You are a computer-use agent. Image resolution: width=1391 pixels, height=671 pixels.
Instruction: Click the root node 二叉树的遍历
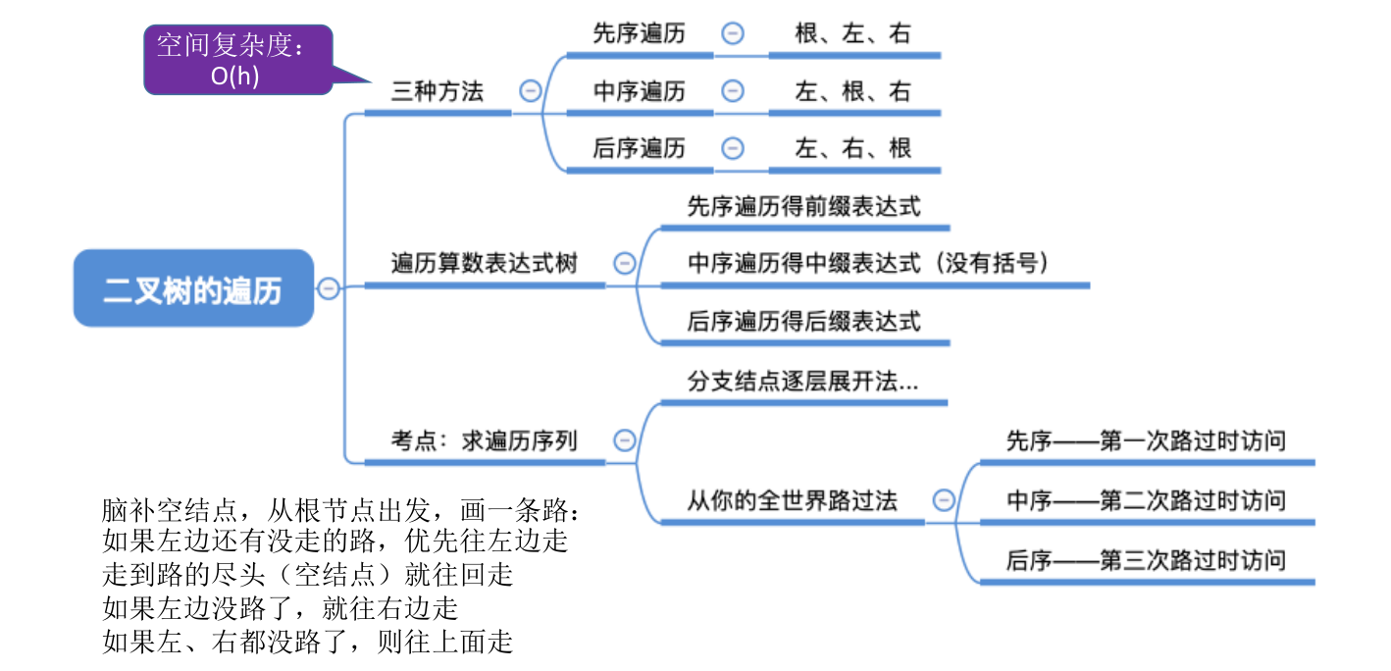tap(193, 288)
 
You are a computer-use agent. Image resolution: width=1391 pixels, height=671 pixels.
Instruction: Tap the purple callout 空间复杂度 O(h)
tap(237, 60)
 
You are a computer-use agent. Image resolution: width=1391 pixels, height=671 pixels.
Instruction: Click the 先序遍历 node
tap(640, 33)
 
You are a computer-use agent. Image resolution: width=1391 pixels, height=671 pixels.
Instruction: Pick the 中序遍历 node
tap(640, 91)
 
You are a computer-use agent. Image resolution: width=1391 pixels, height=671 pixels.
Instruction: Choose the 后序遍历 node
tap(640, 148)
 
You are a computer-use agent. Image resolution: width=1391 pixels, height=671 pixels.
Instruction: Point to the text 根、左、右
tap(852, 33)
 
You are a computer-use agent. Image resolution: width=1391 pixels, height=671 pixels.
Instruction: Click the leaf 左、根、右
tap(852, 91)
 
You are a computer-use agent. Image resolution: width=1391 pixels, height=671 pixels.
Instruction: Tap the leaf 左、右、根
tap(852, 148)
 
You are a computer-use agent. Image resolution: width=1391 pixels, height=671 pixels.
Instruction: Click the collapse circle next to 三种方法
tap(530, 91)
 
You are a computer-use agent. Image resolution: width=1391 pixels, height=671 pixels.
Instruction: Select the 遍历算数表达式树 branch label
tap(485, 263)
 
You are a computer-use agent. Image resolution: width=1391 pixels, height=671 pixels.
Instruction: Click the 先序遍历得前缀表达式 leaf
tap(804, 207)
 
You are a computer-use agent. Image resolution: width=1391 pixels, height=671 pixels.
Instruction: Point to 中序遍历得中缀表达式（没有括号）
tap(869, 263)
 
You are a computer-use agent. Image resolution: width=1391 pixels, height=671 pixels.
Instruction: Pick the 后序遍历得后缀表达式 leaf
tap(804, 321)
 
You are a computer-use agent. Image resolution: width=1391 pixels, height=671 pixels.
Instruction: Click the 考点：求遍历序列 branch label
tap(485, 440)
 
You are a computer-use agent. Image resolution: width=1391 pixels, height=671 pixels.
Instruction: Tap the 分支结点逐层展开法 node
tap(802, 382)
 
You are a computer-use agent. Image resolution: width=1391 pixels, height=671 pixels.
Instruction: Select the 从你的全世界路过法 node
tap(792, 500)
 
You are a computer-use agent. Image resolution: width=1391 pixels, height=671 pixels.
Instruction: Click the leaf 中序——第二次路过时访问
tap(1146, 500)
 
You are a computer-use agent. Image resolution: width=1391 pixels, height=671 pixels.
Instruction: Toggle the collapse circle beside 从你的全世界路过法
tap(944, 500)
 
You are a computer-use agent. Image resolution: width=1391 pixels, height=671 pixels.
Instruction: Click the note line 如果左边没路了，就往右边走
tap(281, 608)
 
